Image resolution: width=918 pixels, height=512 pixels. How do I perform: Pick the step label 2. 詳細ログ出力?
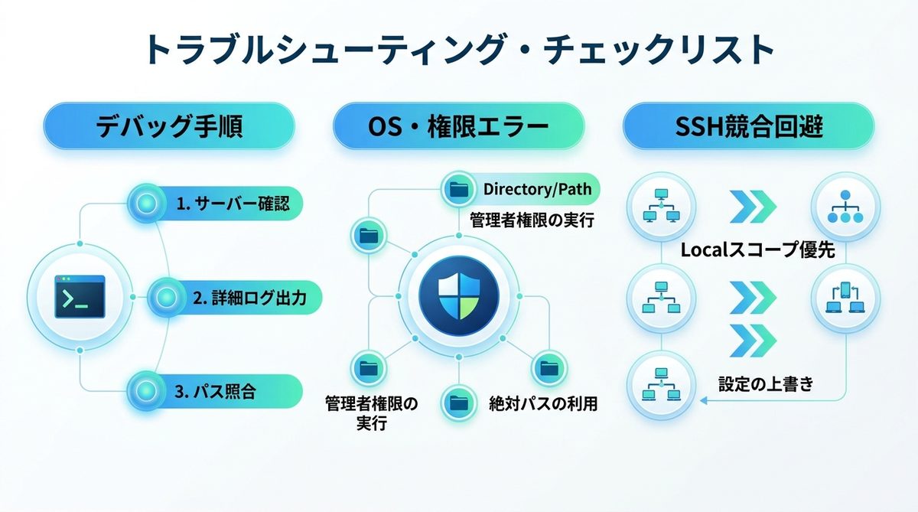(x=249, y=298)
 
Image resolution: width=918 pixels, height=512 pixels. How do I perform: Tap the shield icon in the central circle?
(x=458, y=298)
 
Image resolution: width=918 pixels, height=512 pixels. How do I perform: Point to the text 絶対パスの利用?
(x=542, y=403)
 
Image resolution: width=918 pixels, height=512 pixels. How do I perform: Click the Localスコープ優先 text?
(x=757, y=250)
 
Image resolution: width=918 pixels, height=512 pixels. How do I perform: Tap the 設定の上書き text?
(x=765, y=383)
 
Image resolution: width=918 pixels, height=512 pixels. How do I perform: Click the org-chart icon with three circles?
(x=845, y=207)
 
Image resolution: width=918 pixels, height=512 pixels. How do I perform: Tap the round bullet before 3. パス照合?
(x=145, y=393)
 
